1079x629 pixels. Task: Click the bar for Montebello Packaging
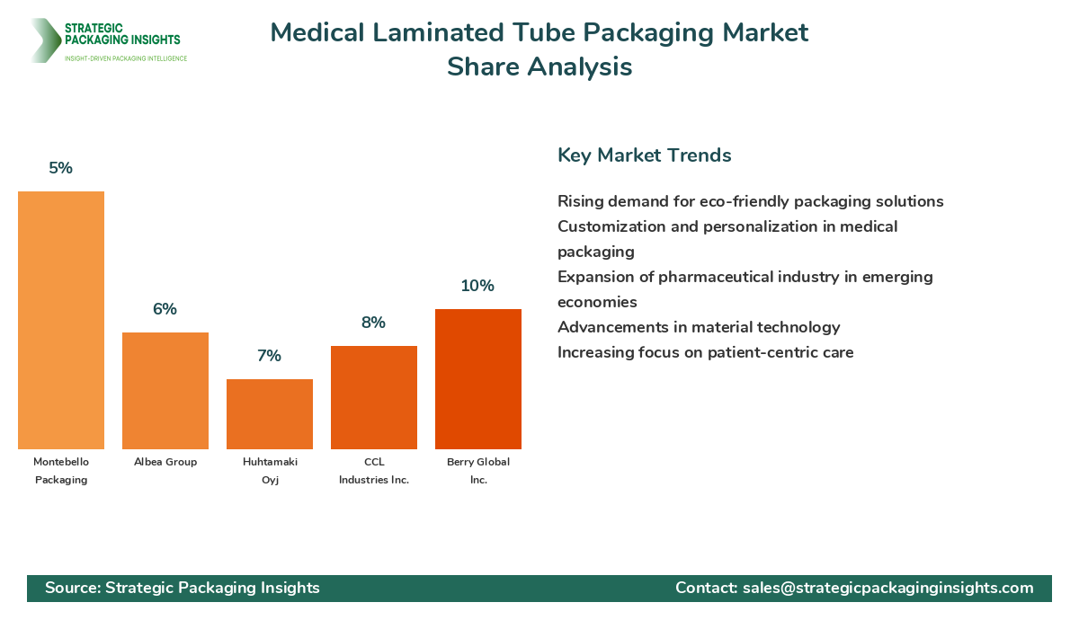tap(61, 320)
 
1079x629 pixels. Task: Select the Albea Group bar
tap(165, 391)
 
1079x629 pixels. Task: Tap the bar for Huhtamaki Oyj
tap(270, 414)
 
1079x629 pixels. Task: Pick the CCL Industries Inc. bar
tap(374, 397)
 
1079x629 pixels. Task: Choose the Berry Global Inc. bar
tap(478, 379)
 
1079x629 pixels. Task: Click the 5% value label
tap(61, 168)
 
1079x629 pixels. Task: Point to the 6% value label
tap(165, 309)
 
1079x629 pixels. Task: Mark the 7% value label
tap(270, 356)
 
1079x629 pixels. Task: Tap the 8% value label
tap(374, 323)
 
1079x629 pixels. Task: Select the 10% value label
tap(478, 286)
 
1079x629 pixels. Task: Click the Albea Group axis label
tap(165, 462)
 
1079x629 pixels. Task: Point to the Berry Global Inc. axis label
tap(478, 471)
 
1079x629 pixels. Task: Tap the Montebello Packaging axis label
tap(61, 471)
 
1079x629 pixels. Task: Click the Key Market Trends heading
tap(644, 155)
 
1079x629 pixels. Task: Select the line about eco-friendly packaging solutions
tap(750, 201)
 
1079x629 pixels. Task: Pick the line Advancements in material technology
tap(699, 327)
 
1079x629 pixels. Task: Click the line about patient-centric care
tap(705, 352)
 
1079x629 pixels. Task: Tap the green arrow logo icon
tap(44, 40)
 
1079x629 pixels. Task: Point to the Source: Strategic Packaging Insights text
tap(183, 588)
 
